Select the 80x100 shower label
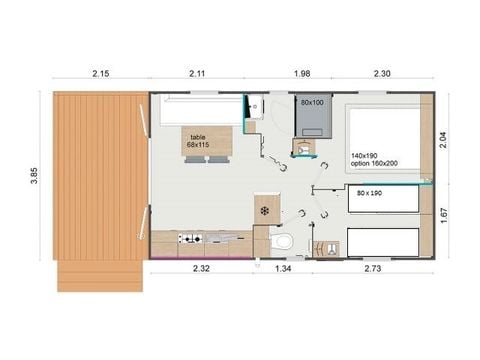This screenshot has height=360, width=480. tap(311, 102)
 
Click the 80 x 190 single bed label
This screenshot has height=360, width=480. tap(371, 193)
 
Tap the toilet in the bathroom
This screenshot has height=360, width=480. tap(283, 241)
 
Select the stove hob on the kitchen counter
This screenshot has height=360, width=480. tap(189, 238)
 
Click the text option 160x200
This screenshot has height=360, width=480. tap(374, 164)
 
